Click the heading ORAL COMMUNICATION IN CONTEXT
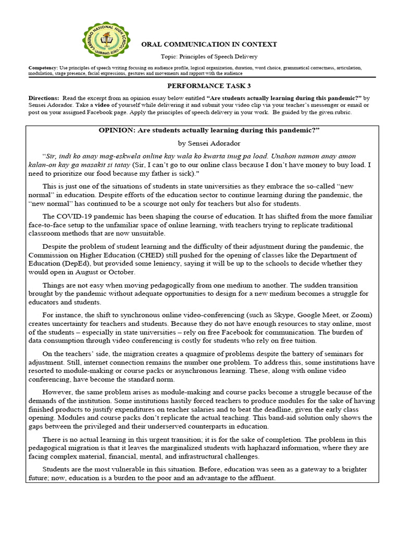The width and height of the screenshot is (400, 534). pos(209,44)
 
